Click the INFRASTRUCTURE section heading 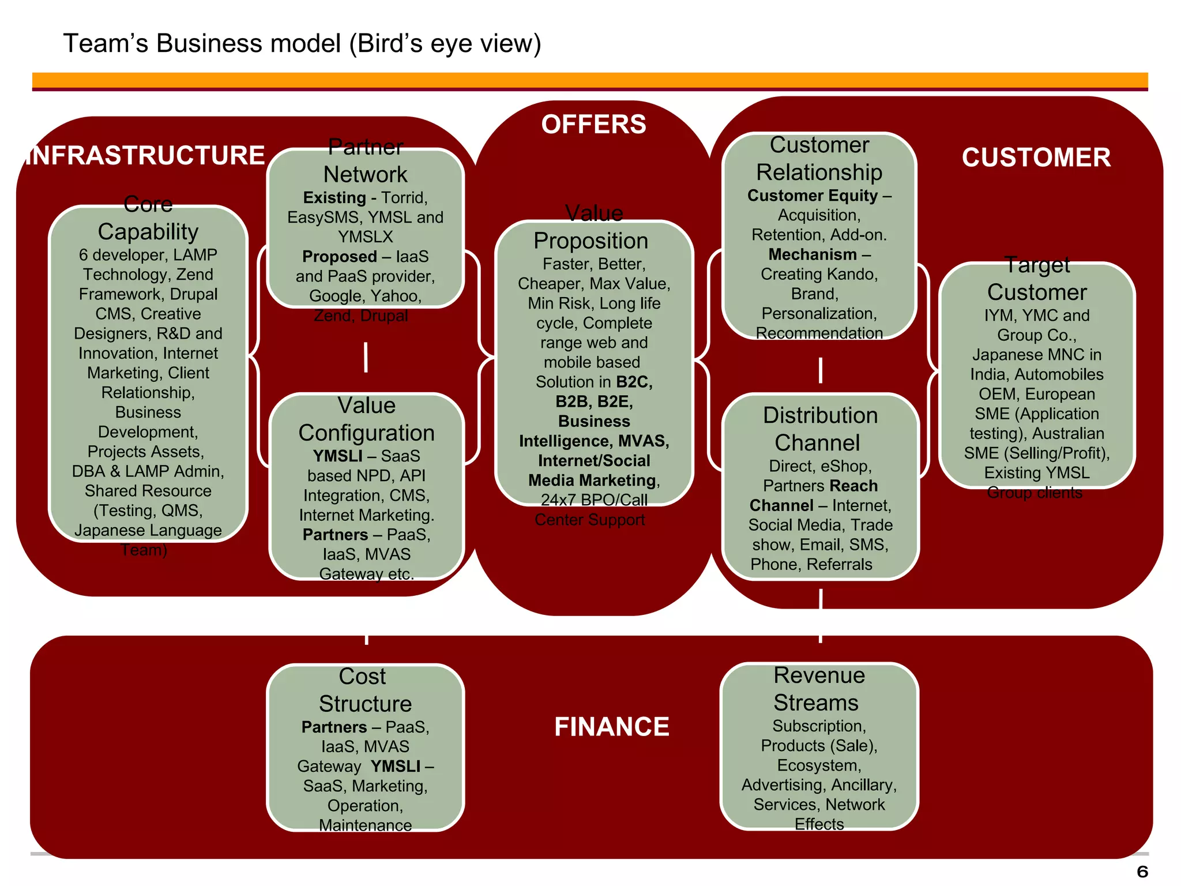click(145, 155)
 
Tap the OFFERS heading click(593, 125)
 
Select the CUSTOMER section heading click(1036, 157)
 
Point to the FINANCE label click(611, 726)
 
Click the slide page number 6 click(1142, 871)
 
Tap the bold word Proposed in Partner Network click(339, 257)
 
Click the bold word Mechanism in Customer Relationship click(812, 254)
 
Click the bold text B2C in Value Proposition click(633, 382)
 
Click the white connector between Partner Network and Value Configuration click(366, 357)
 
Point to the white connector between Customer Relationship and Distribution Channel click(820, 370)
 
